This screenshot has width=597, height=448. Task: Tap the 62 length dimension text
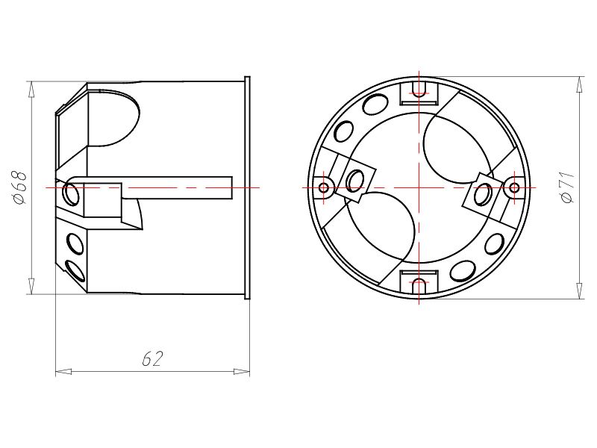151,359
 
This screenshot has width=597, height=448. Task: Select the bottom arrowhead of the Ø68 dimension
31,287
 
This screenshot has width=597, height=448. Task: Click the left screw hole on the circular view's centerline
324,187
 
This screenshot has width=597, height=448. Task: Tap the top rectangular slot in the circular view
418,92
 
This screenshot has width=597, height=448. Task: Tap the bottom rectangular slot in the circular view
418,281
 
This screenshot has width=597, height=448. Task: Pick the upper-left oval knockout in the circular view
344,132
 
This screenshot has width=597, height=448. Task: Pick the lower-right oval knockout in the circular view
493,242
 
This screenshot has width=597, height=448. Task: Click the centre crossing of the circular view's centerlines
418,187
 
